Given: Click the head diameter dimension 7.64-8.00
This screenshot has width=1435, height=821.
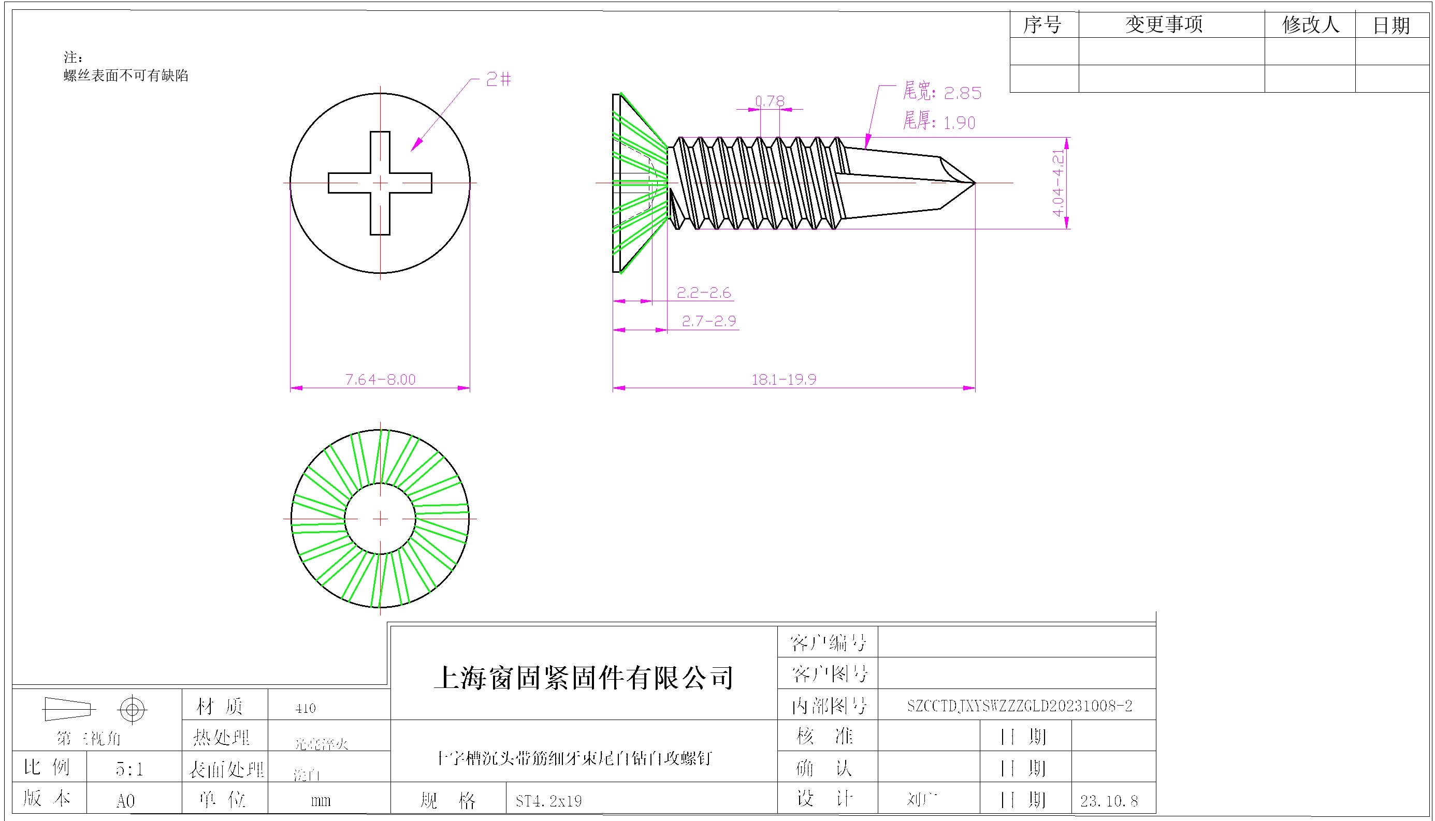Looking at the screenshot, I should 380,379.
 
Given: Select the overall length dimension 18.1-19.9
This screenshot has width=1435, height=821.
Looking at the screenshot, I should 784,379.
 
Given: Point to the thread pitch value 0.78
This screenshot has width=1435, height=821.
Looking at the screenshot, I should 770,101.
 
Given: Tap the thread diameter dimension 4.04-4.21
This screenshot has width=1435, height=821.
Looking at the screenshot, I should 1058,183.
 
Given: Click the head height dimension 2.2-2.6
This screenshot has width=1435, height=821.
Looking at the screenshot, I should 703,292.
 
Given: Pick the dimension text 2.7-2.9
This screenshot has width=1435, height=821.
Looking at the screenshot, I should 708,321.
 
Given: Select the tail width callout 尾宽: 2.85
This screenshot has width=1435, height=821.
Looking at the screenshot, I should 941,92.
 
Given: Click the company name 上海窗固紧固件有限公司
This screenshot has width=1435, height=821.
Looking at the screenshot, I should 583,677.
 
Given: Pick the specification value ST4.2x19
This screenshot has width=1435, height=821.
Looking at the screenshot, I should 548,801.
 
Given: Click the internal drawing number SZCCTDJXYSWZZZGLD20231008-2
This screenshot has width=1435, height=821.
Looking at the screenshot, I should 1019,706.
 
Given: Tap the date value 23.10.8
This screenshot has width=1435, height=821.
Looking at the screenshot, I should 1108,801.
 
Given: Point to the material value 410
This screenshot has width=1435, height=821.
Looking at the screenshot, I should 305,708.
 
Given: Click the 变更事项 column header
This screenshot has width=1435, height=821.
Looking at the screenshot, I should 1164,25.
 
